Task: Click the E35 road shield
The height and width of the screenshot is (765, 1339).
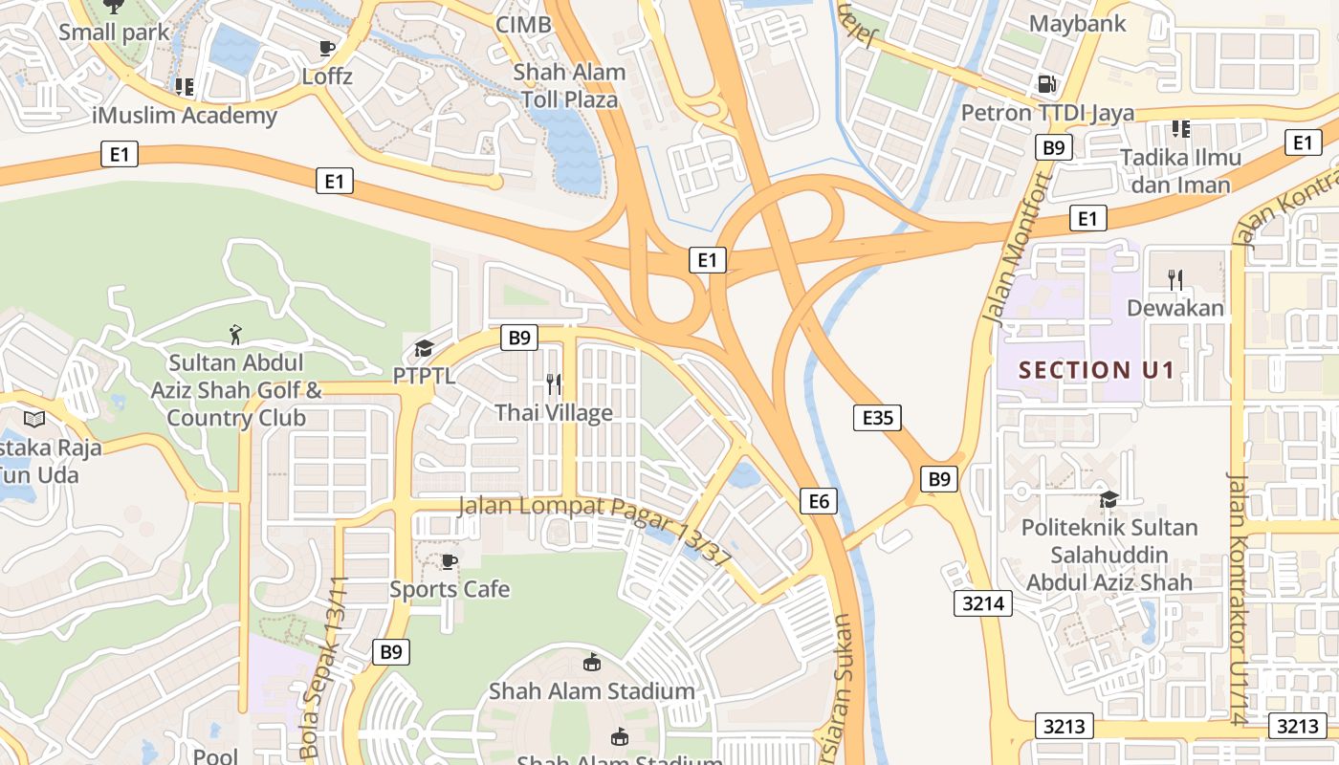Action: [x=877, y=417]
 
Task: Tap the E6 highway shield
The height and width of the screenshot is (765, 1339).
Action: [x=819, y=500]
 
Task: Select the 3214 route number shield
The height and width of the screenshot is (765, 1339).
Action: [x=982, y=602]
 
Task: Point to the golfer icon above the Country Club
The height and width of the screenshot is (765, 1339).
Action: [x=235, y=334]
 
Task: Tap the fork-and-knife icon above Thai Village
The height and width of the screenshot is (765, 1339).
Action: [x=554, y=384]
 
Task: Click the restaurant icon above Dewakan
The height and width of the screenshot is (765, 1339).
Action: [x=1175, y=279]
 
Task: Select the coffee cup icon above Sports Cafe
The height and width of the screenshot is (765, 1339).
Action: [x=449, y=561]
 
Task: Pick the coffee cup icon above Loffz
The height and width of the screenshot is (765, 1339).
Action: [x=327, y=48]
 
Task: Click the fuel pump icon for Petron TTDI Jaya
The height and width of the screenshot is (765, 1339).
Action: [x=1047, y=84]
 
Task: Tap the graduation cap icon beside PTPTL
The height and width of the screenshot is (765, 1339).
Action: [x=424, y=348]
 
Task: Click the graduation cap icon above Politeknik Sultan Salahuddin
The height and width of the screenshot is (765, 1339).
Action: [x=1109, y=499]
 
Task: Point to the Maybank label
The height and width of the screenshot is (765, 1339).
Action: [x=1078, y=24]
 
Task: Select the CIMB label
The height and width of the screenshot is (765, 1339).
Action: [x=523, y=25]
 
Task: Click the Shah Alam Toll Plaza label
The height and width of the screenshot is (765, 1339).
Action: [x=569, y=85]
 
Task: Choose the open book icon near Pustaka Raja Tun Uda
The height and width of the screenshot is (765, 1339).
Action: [x=34, y=419]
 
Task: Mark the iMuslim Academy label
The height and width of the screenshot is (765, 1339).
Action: [x=185, y=116]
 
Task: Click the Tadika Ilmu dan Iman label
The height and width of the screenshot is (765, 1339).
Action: [x=1180, y=170]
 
